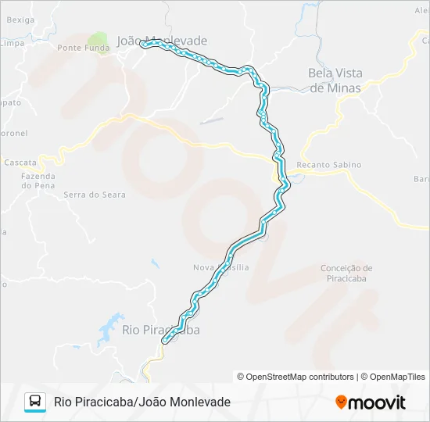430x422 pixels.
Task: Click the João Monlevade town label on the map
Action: click(162, 41)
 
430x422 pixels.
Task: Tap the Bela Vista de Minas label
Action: click(335, 80)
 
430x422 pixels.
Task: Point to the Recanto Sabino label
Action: click(329, 165)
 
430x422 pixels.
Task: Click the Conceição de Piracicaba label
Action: click(346, 273)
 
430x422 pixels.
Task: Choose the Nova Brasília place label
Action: click(220, 267)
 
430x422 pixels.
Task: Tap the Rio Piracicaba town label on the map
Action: click(160, 330)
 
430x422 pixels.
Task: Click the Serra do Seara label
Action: click(94, 195)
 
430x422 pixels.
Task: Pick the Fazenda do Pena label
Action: click(37, 181)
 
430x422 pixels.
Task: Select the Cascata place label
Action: click(20, 163)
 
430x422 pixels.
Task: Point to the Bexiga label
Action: click(20, 19)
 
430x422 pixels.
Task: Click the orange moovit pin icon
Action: click(341, 402)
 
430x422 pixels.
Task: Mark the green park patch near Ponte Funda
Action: click(98, 39)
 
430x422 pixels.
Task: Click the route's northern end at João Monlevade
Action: click(143, 45)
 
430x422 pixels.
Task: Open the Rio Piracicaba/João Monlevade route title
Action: click(142, 402)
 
